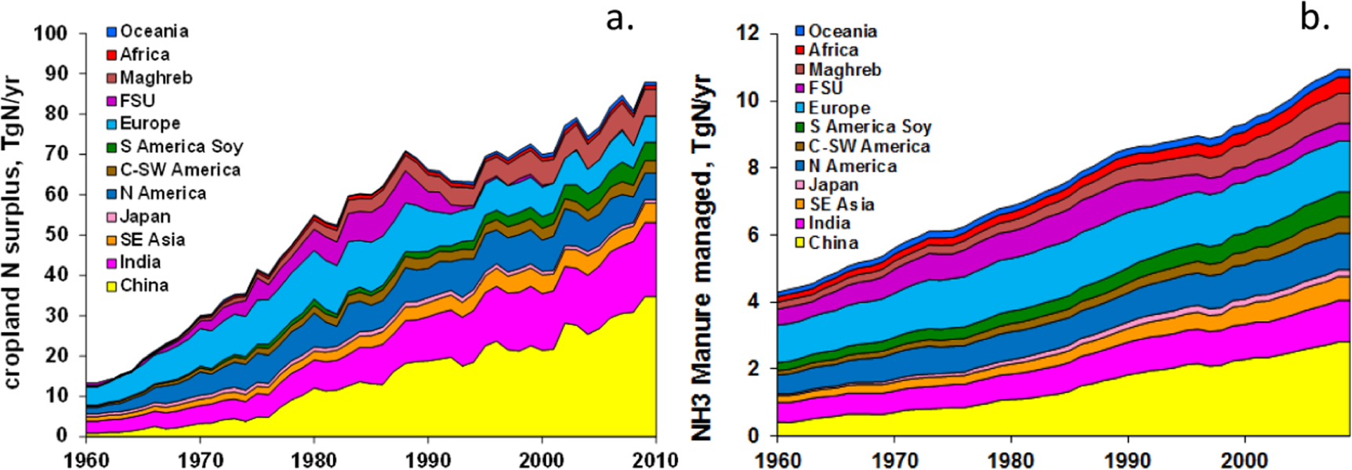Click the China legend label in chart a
[x=144, y=285]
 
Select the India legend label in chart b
[x=829, y=223]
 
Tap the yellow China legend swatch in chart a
[x=111, y=286]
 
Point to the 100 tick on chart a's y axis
[x=50, y=34]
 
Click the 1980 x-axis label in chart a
[x=314, y=459]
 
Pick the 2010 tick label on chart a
[x=655, y=459]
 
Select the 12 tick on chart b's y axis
[x=748, y=33]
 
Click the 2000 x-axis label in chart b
[x=1245, y=459]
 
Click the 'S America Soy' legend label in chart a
[x=181, y=146]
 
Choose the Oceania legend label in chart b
[x=843, y=31]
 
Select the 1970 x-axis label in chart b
[x=893, y=459]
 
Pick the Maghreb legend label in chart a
[x=156, y=78]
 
